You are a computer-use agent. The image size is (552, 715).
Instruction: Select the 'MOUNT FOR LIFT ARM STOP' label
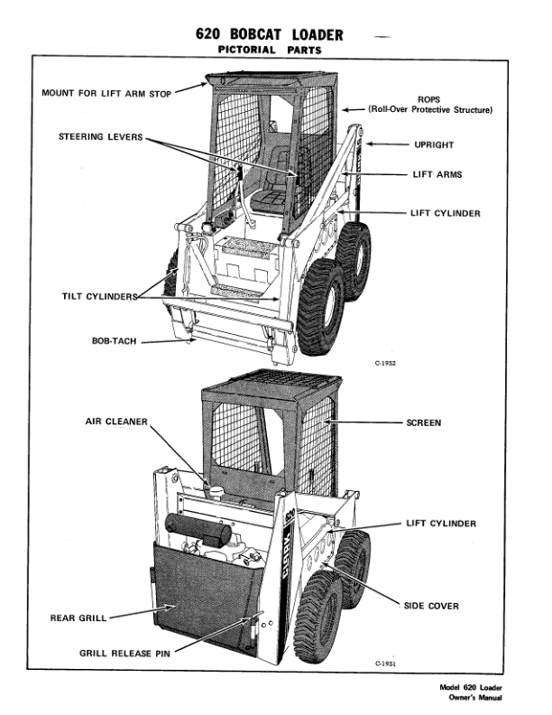tap(119, 92)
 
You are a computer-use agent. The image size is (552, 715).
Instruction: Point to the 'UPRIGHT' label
tap(433, 144)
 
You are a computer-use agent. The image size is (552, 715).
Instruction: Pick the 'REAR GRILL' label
tap(78, 618)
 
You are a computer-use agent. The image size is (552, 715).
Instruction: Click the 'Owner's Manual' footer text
tap(474, 698)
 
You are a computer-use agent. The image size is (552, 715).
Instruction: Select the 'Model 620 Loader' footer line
tap(470, 688)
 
